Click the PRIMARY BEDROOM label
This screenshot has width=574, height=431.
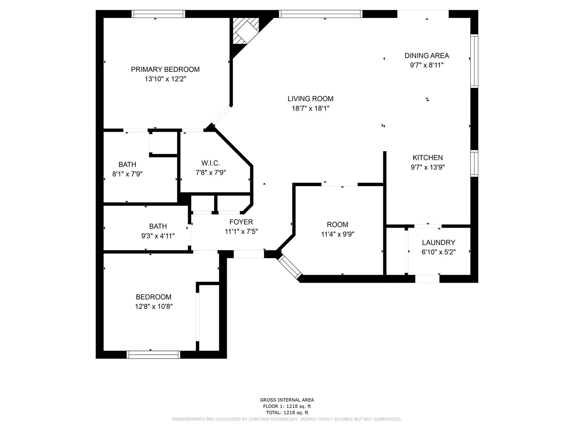[x=165, y=69]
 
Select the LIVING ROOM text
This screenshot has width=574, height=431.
[x=310, y=99]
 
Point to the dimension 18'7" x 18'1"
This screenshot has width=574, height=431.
[x=310, y=108]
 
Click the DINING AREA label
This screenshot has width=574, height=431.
[x=427, y=56]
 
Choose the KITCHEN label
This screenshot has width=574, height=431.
[x=428, y=158]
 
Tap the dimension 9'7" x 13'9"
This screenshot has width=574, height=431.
[x=428, y=167]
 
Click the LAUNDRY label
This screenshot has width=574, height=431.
[x=439, y=242]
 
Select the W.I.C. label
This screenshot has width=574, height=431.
[x=210, y=163]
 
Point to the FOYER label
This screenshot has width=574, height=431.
[x=241, y=222]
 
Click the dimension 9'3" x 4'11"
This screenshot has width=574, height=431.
[x=158, y=236]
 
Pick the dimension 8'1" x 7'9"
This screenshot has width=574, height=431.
[x=127, y=174]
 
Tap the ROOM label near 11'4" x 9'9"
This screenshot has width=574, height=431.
[x=337, y=224]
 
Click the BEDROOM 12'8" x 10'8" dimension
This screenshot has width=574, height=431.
[x=154, y=306]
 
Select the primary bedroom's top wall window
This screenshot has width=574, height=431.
[x=158, y=14]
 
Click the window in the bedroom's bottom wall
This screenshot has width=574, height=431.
[x=154, y=354]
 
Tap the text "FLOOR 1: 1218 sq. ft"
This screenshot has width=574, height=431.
[x=287, y=406]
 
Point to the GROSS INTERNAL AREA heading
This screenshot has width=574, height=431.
[x=287, y=400]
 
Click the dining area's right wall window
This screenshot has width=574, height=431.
[x=474, y=61]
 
